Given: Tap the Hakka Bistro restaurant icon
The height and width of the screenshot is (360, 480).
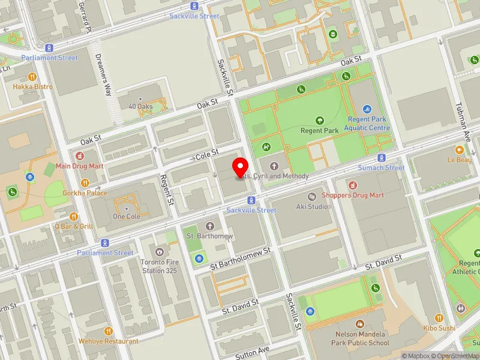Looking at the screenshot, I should (32, 77).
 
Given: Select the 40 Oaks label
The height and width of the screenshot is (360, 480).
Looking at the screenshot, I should (140, 106).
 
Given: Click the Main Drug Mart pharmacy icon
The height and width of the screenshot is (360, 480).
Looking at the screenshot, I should (80, 155).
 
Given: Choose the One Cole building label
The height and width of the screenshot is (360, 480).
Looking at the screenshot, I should (125, 217).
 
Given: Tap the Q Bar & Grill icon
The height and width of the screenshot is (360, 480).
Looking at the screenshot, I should (74, 217).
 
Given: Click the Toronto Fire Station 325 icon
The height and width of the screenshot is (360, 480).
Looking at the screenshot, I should (160, 251).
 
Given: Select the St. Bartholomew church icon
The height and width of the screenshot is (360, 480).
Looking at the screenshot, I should (209, 226).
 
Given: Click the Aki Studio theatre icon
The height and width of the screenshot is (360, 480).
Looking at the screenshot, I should (311, 197).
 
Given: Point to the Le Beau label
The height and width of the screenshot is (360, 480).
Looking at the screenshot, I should (460, 160).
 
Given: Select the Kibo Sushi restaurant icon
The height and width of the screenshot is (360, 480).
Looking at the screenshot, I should (439, 318).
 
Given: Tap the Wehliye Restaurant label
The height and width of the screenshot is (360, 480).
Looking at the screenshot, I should (109, 341).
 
